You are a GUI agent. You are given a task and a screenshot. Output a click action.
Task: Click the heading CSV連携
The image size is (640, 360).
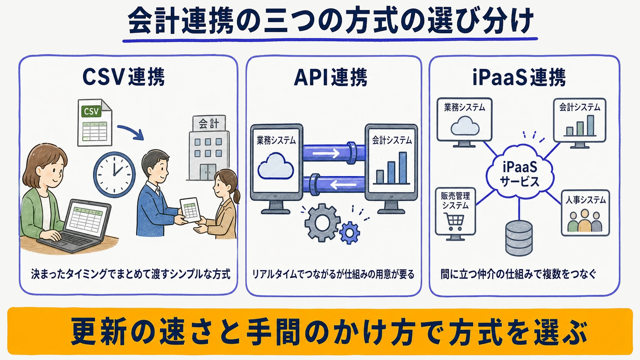[x=123, y=77]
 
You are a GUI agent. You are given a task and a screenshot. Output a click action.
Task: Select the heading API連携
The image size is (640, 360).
[x=331, y=77]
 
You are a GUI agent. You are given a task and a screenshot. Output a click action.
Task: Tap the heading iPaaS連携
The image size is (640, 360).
[x=519, y=77]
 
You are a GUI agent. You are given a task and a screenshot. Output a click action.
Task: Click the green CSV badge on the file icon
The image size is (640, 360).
[x=91, y=111]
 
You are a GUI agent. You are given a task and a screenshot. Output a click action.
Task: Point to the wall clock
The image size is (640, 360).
[x=114, y=174]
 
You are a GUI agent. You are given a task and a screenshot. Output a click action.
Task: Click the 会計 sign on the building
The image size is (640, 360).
[x=209, y=124]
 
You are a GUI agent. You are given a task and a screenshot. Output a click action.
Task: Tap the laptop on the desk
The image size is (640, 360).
[x=77, y=226]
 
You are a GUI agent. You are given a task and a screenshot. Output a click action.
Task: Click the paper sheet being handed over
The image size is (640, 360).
[x=190, y=210]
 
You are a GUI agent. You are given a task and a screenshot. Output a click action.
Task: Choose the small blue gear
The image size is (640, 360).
[x=350, y=233]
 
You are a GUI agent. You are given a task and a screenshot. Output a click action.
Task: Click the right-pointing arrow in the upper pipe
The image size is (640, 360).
[x=326, y=153]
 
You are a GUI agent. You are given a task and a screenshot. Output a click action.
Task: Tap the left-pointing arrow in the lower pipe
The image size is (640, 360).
[x=343, y=185]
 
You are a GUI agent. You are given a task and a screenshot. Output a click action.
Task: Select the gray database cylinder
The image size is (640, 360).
[x=519, y=238]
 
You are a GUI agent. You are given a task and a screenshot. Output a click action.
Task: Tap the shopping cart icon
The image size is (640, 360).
[x=455, y=222]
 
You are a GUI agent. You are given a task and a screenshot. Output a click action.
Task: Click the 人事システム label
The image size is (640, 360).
[x=586, y=200]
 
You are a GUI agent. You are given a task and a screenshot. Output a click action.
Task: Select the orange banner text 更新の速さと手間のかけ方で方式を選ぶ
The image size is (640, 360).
[x=328, y=331]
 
